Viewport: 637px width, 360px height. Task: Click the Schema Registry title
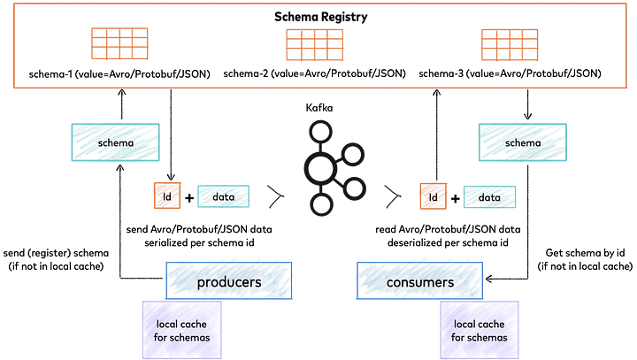click(x=320, y=17)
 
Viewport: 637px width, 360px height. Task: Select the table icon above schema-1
click(x=119, y=43)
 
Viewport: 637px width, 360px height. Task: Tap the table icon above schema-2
click(x=314, y=45)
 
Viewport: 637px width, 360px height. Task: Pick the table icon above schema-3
click(x=510, y=45)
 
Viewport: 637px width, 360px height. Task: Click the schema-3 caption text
click(x=510, y=73)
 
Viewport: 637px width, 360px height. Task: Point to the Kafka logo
click(x=334, y=167)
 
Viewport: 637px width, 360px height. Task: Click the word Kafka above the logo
click(x=319, y=108)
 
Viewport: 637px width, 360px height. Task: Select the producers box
click(x=229, y=280)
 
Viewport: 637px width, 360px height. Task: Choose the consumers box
click(x=419, y=280)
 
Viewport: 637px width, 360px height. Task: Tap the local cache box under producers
click(x=181, y=330)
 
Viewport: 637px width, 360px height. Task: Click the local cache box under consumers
click(x=480, y=330)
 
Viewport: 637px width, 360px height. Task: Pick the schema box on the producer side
click(x=115, y=142)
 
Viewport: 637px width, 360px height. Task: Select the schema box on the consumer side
click(x=523, y=142)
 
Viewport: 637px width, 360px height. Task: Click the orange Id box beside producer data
click(x=167, y=195)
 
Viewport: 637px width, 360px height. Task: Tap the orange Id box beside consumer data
click(x=433, y=196)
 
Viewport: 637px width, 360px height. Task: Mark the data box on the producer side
click(x=224, y=196)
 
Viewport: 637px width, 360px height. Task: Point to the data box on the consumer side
click(x=489, y=197)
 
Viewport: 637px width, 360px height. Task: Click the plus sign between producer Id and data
click(x=189, y=198)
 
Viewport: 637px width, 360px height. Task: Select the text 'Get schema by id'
click(x=585, y=253)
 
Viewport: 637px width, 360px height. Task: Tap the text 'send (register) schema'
click(x=56, y=253)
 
